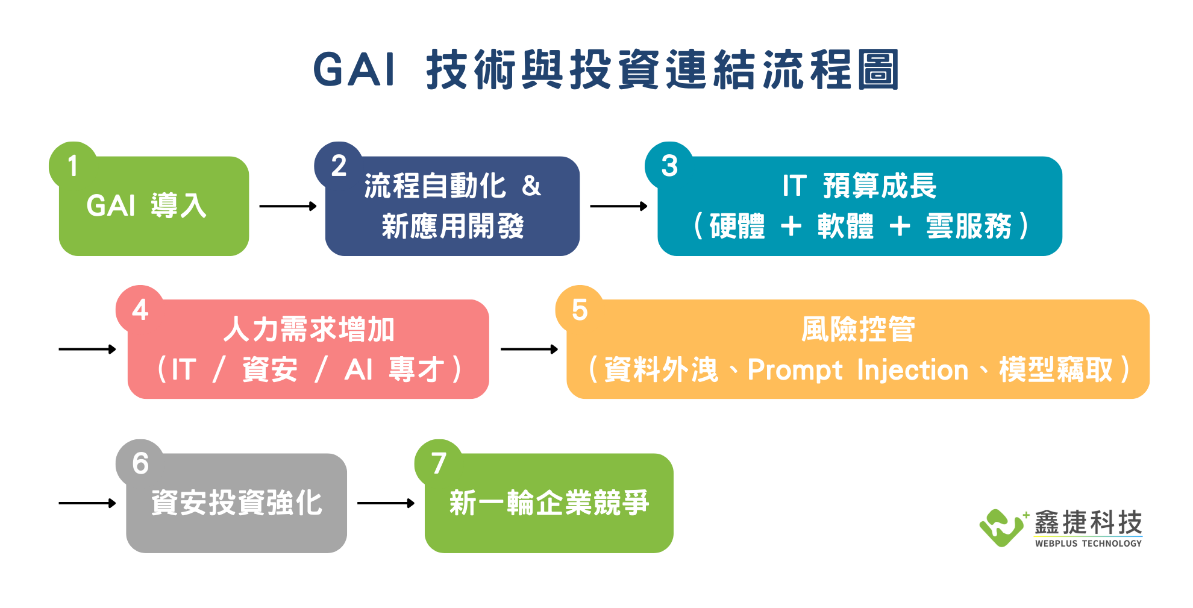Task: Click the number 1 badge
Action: (x=73, y=166)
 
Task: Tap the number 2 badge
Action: (x=339, y=166)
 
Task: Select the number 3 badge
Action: (x=669, y=166)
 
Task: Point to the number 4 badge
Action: (x=140, y=309)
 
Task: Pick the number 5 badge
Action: (x=580, y=309)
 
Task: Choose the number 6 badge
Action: (x=140, y=463)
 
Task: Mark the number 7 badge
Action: (x=439, y=463)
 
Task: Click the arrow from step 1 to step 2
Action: (x=288, y=206)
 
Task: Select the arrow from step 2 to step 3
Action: (x=619, y=206)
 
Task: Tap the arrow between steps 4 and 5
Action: (x=530, y=349)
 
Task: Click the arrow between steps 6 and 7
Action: (x=386, y=503)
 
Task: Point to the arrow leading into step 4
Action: (x=87, y=349)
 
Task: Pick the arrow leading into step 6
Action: (x=87, y=503)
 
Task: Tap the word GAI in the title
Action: (x=354, y=70)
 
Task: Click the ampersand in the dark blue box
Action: (x=531, y=186)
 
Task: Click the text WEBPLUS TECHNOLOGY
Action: (x=1088, y=543)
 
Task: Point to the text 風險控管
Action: (x=858, y=330)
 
